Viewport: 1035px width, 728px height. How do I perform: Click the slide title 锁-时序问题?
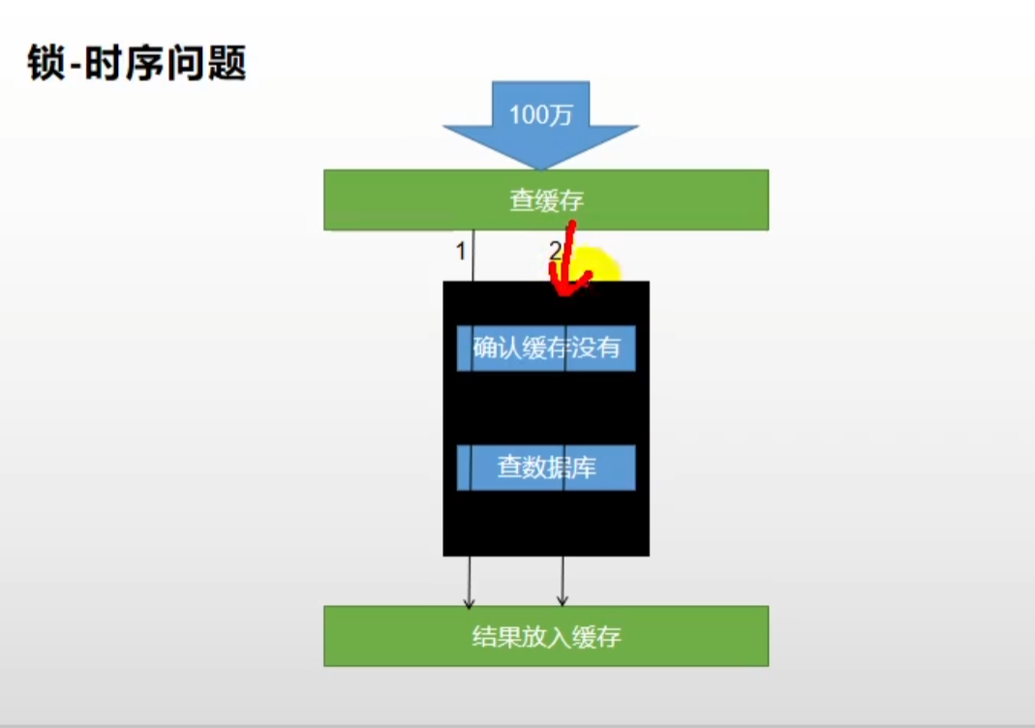pos(137,63)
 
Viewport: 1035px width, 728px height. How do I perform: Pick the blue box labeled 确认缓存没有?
pos(546,348)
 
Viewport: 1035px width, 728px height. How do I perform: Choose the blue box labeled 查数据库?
pos(546,468)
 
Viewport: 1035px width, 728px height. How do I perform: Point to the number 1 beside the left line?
pos(461,251)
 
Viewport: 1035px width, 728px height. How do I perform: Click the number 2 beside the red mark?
pos(555,250)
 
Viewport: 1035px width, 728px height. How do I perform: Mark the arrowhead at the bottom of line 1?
pos(470,601)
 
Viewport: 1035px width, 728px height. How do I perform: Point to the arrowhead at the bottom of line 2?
pos(563,601)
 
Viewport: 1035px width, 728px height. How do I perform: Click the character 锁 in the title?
pos(46,63)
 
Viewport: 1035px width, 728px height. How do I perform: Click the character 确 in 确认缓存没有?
pos(485,348)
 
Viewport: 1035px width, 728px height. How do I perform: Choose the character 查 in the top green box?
pos(522,200)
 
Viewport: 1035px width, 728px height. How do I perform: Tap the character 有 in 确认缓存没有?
pos(607,348)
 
